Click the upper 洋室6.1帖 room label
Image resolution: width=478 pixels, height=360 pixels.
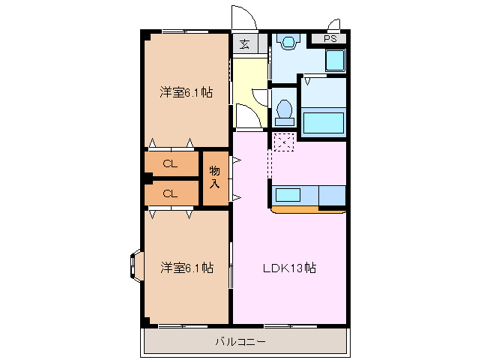[x=185, y=93]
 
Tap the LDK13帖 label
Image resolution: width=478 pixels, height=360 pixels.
[x=288, y=268]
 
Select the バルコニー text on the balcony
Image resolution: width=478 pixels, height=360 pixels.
[x=240, y=341]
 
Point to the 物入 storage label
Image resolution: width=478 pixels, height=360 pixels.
[x=214, y=178]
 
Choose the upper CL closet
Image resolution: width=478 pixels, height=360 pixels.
[x=171, y=163]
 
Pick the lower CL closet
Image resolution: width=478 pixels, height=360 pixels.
[x=171, y=193]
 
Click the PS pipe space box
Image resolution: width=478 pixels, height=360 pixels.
[x=330, y=39]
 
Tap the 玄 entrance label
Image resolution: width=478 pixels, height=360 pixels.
[x=244, y=43]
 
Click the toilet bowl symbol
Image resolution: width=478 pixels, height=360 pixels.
[x=283, y=110]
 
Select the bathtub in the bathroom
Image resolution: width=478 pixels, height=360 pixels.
[x=322, y=121]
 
